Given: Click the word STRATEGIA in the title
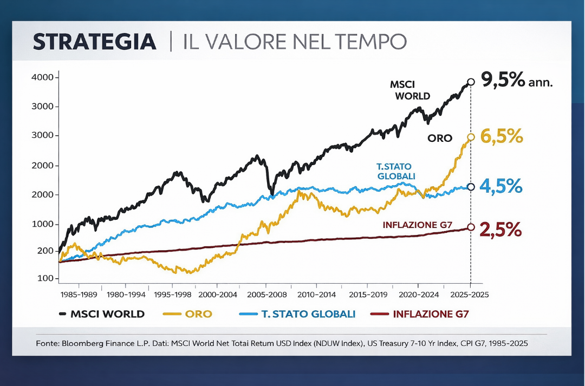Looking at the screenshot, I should point(95,42).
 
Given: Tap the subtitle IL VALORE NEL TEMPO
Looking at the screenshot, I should point(295,42).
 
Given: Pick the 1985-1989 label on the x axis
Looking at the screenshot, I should point(79,295).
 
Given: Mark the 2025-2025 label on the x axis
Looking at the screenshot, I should point(470,295).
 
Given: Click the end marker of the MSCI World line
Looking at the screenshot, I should point(471,82).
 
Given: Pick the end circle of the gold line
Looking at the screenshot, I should point(471,137).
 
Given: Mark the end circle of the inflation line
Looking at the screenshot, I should point(471,227).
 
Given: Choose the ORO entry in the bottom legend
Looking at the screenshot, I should point(198,314).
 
